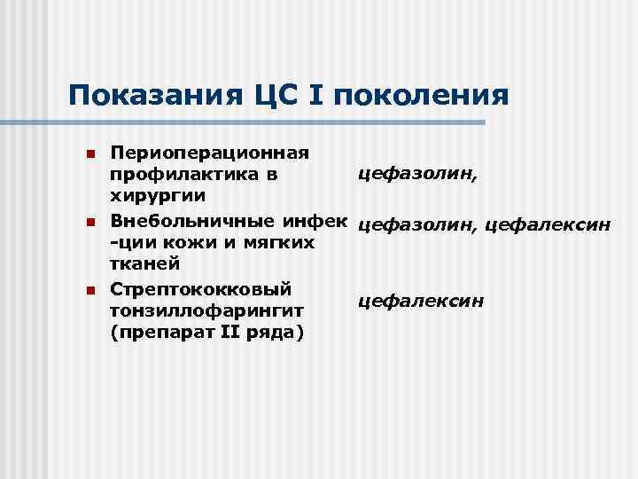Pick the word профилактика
(x=185, y=175)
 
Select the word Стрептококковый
(x=200, y=288)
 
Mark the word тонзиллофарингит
(x=206, y=310)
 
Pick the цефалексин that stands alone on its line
(x=421, y=302)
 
